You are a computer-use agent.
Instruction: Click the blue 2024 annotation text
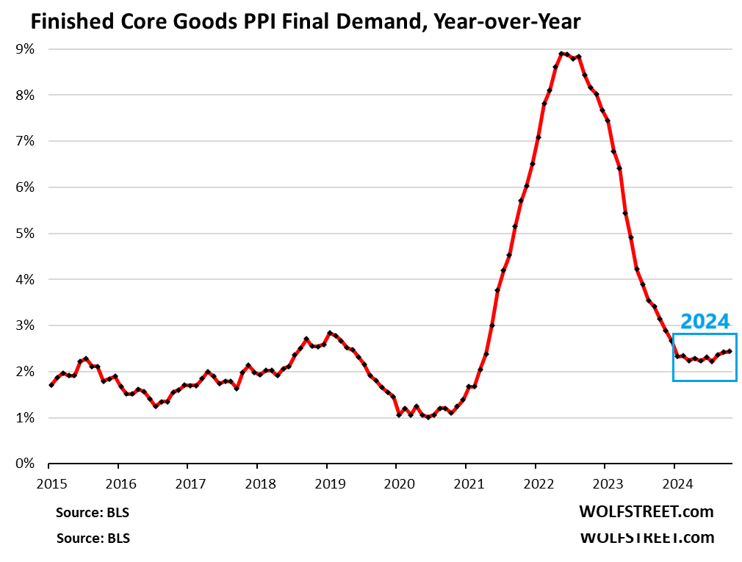705,321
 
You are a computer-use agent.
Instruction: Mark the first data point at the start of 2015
51,385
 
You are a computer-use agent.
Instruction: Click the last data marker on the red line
729,351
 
